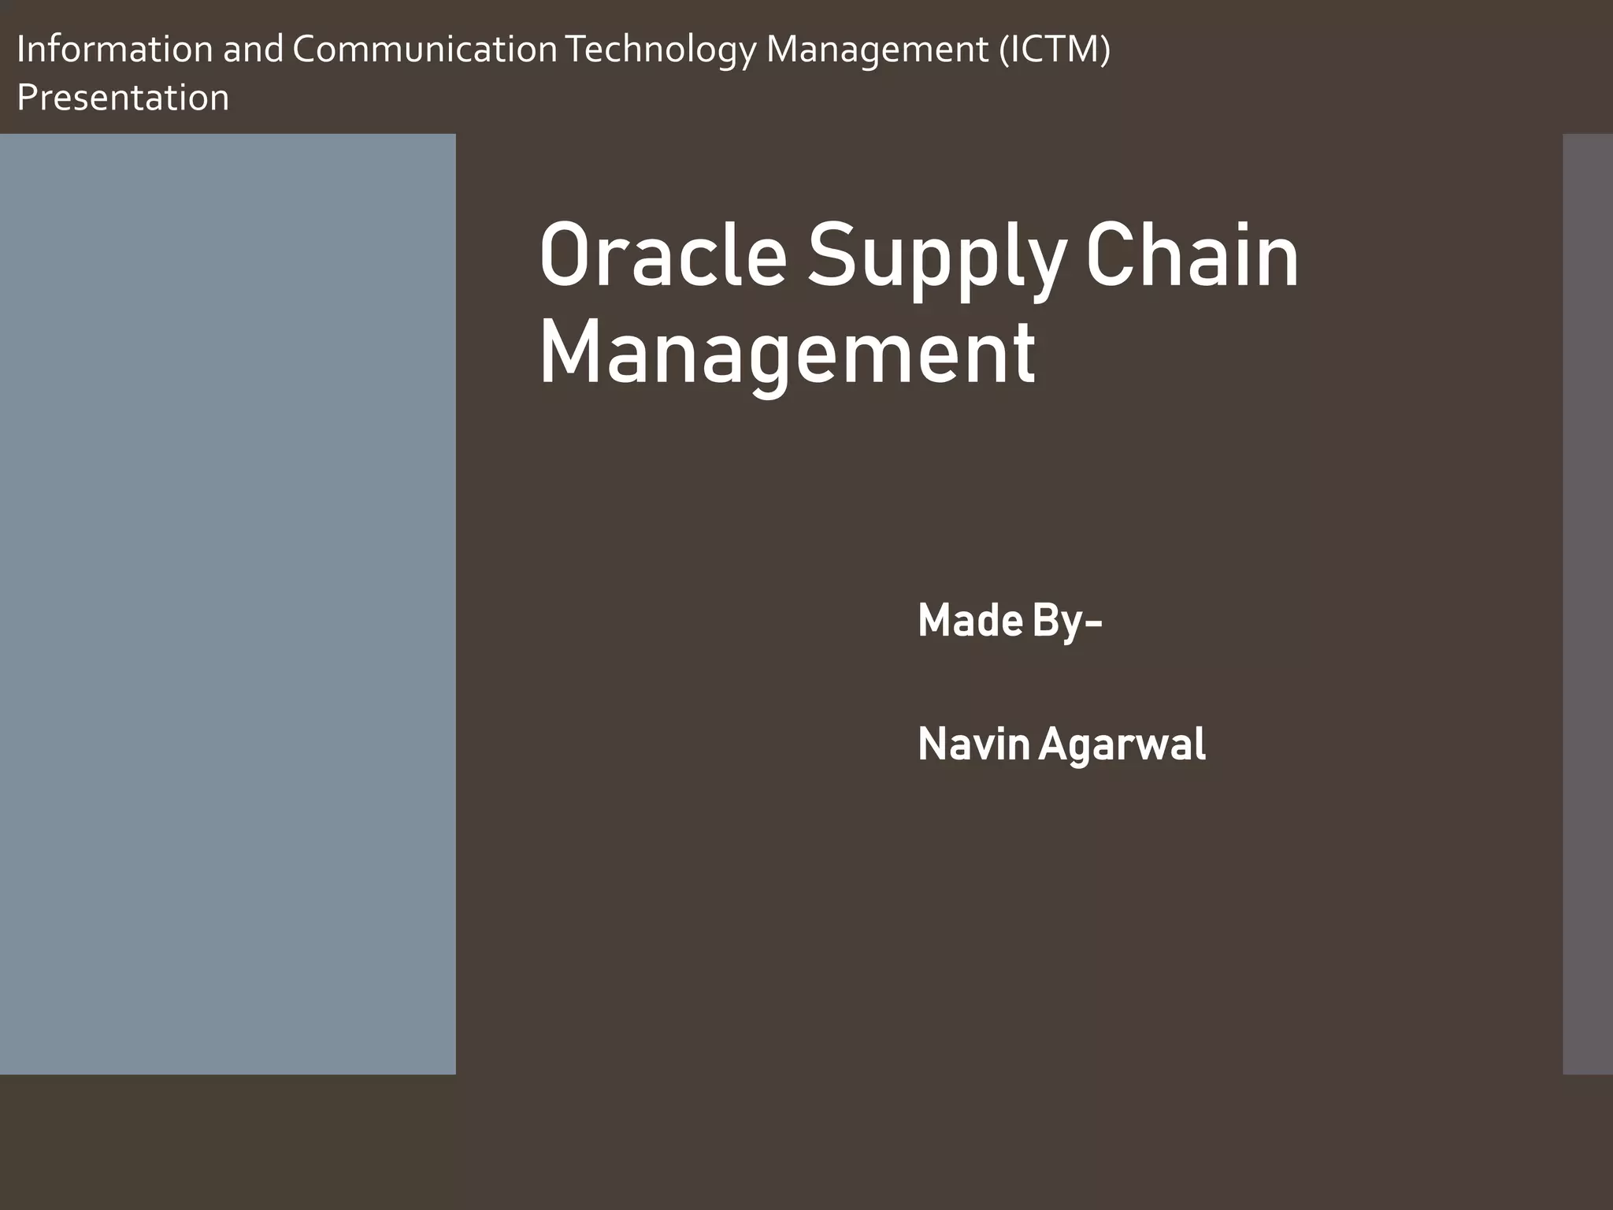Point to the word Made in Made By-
coord(970,621)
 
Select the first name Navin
coord(973,744)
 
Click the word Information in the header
coord(114,50)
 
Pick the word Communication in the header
coord(425,50)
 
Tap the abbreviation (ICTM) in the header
coord(1055,50)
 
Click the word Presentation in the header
coord(123,98)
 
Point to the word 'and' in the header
coord(252,50)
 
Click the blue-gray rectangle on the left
coord(228,603)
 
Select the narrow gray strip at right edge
coord(1588,603)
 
